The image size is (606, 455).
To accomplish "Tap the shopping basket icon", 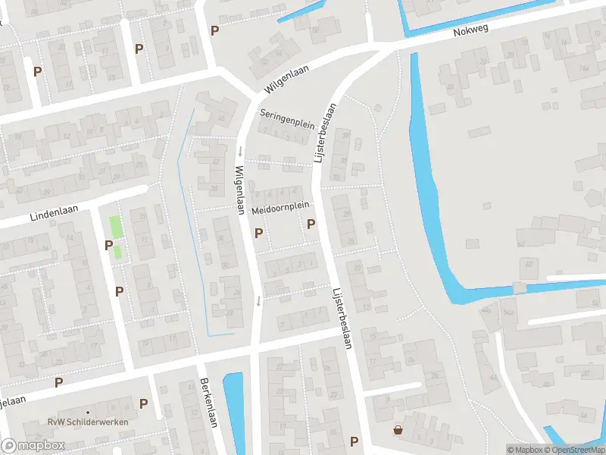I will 398,430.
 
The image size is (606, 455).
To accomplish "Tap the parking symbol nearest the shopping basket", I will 354,441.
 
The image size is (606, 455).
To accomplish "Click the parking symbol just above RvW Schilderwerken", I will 143,404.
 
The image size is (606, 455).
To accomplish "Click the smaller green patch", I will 117,252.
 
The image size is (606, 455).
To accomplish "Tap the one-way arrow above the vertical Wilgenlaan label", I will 239,149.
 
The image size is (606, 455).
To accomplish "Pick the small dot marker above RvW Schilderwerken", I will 87,412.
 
